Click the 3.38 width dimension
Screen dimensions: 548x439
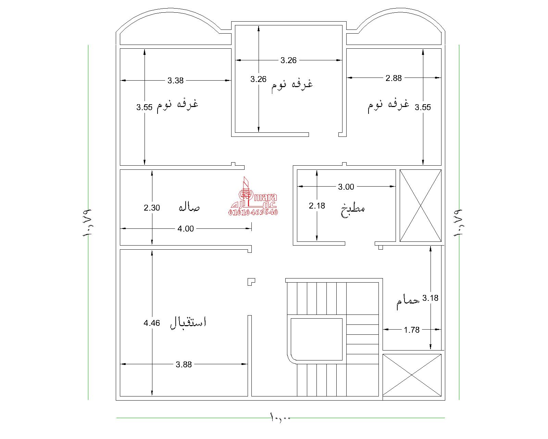click(175, 81)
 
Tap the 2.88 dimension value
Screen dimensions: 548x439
click(394, 78)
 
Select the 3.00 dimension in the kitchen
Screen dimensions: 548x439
click(346, 187)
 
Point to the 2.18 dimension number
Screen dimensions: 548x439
click(317, 205)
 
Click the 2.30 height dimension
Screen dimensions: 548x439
click(152, 207)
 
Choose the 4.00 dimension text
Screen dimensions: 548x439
click(186, 228)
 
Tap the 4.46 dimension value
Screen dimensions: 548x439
click(152, 323)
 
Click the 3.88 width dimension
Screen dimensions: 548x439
click(184, 364)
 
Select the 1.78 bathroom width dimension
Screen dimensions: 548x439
click(411, 330)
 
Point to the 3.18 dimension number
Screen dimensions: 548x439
click(431, 298)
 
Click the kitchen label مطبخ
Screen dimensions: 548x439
click(353, 210)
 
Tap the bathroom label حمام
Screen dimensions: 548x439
click(408, 302)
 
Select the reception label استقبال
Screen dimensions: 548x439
click(188, 323)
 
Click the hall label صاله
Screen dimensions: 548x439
click(189, 207)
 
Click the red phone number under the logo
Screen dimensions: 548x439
click(253, 212)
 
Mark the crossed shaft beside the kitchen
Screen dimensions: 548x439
click(421, 205)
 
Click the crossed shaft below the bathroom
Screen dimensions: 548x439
click(412, 375)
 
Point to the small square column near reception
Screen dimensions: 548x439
click(251, 282)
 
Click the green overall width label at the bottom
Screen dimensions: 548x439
click(280, 417)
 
